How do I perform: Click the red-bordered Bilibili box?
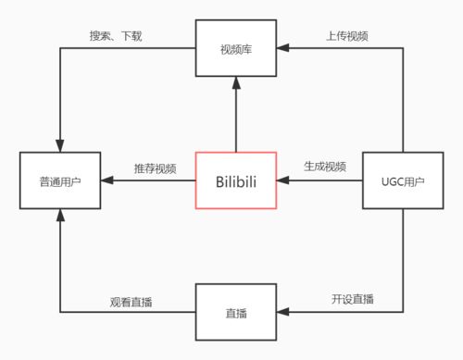[236, 180]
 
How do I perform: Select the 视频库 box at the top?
[236, 48]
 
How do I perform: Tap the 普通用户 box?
[59, 180]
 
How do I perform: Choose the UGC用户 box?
[403, 180]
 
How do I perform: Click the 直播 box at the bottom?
[236, 313]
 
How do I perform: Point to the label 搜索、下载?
[116, 36]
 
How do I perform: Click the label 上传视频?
[347, 36]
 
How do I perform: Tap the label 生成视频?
[325, 167]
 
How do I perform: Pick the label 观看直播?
[130, 301]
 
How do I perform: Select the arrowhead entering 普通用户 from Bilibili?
[105, 180]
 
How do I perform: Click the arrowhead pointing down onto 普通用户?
[59, 146]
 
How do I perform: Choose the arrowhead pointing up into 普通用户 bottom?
[59, 215]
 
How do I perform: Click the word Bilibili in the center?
[236, 180]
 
